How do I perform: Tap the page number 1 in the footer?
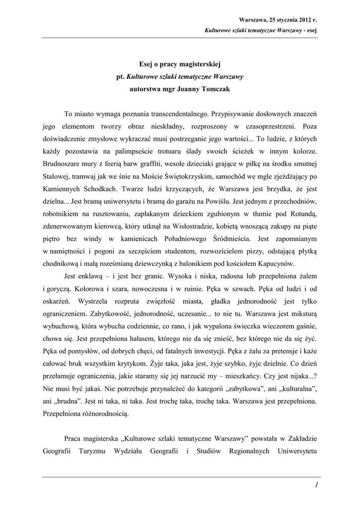(x=316, y=485)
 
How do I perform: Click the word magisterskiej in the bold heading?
(x=200, y=64)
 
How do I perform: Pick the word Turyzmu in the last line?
(x=96, y=451)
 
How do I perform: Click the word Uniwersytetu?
(x=292, y=451)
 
